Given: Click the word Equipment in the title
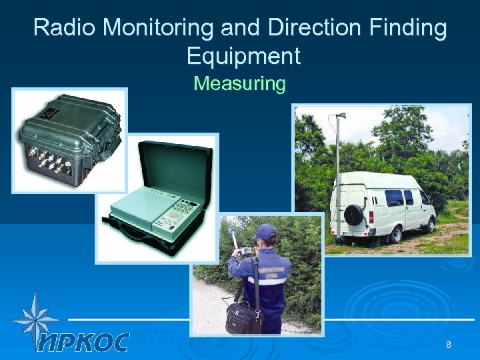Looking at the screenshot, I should point(243,56).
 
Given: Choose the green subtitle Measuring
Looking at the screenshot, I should point(239,84).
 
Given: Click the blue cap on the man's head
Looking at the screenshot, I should point(265,231).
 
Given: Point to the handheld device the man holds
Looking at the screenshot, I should point(245,251).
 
